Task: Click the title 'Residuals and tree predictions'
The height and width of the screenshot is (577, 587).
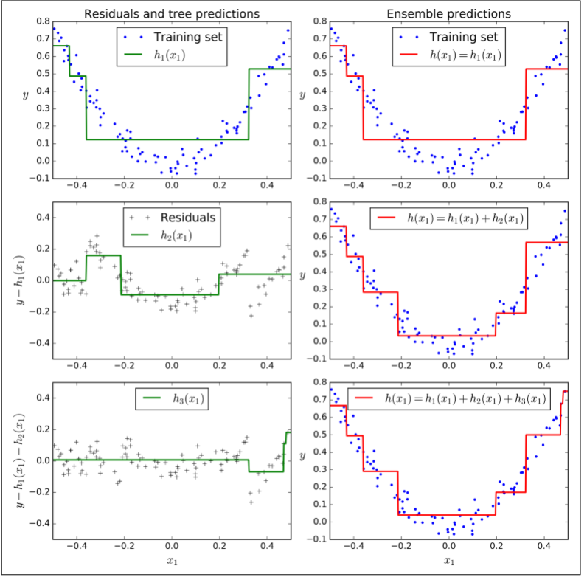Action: [171, 13]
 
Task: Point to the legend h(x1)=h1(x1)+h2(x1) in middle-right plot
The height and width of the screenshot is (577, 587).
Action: [465, 218]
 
